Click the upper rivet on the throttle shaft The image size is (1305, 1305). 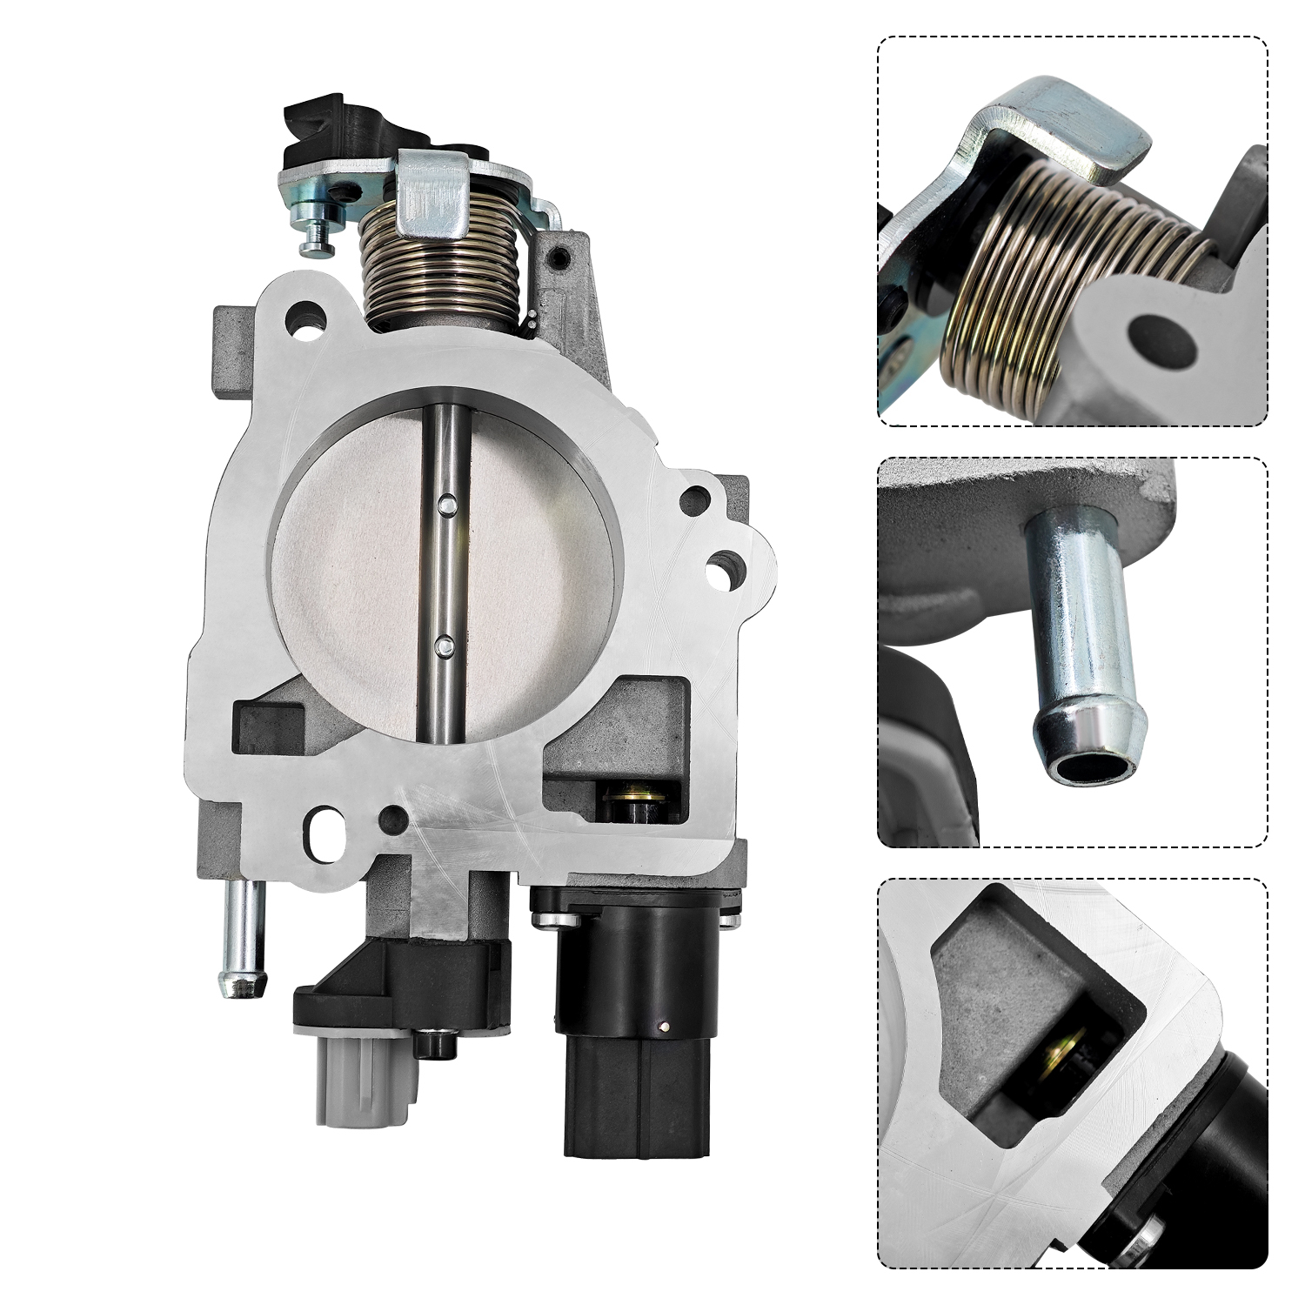446,502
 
